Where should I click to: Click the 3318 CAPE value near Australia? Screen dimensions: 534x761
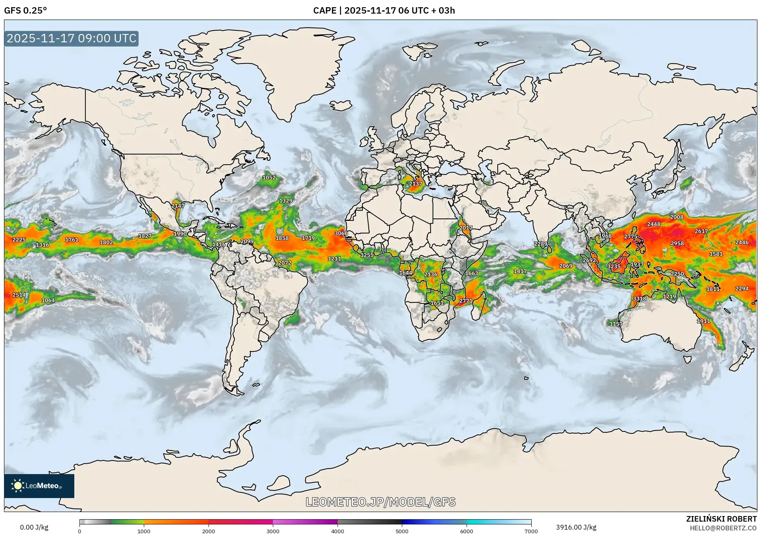(639, 299)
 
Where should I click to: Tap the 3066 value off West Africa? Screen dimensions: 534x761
(341, 233)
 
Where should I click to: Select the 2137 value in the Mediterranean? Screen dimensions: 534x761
(415, 184)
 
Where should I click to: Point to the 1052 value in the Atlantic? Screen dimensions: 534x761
(269, 178)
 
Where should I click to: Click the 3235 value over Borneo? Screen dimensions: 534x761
(614, 266)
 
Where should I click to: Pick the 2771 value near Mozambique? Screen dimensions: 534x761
(466, 301)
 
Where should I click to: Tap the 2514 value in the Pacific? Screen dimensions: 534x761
(19, 295)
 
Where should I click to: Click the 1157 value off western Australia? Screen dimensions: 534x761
(616, 324)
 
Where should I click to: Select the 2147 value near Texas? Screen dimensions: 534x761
(178, 206)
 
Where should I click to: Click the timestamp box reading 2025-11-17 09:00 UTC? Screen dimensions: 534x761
(72, 38)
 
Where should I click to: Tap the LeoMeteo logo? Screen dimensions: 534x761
(39, 486)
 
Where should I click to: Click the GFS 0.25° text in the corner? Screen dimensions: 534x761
(25, 10)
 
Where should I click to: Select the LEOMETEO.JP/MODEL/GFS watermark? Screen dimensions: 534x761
(380, 502)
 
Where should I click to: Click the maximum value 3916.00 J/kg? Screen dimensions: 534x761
(576, 527)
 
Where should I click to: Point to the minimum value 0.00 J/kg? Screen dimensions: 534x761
(34, 527)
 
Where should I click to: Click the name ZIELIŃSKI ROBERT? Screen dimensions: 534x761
(721, 519)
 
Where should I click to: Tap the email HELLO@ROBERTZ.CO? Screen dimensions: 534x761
(723, 528)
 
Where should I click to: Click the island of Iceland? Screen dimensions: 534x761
(340, 105)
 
